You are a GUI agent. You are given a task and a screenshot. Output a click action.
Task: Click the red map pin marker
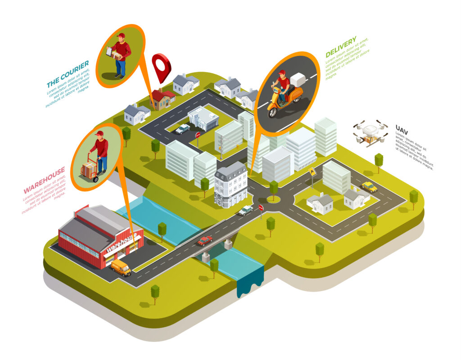tap(161, 66)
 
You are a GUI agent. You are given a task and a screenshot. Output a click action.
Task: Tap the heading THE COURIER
tap(68, 74)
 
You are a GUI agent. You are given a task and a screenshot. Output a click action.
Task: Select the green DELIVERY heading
tap(341, 46)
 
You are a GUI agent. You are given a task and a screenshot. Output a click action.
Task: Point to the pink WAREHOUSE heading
tap(44, 180)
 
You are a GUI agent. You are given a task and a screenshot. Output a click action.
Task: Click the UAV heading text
tap(402, 128)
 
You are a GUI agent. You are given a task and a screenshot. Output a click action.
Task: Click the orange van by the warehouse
tap(121, 267)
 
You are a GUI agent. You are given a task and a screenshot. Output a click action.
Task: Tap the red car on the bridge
tap(204, 240)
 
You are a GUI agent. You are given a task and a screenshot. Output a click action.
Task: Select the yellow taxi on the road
tap(369, 186)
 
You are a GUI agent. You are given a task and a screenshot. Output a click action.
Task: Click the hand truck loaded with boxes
tap(89, 170)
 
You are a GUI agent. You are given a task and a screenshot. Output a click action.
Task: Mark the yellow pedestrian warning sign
tap(312, 171)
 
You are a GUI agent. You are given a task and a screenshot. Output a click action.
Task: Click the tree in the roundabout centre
tap(273, 189)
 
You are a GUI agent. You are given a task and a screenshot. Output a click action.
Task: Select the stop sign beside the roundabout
tap(261, 208)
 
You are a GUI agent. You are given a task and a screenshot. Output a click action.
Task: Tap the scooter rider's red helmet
tap(282, 72)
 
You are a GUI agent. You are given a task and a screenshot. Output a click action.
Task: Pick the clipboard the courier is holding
tap(109, 52)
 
